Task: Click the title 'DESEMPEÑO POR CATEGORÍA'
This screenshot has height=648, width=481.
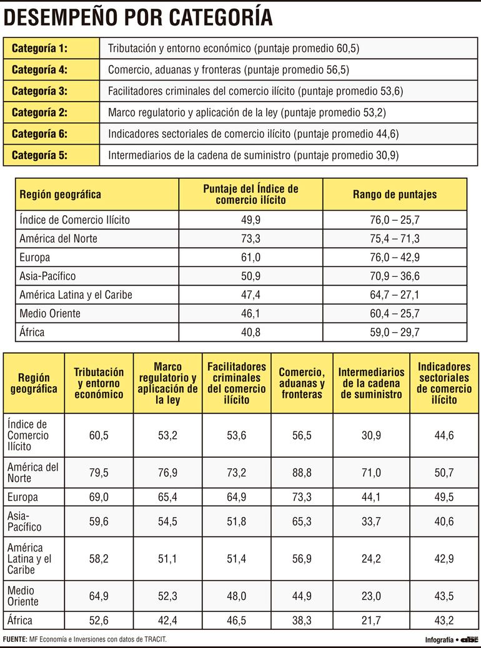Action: (x=138, y=17)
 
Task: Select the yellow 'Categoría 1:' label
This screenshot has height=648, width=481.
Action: (x=40, y=48)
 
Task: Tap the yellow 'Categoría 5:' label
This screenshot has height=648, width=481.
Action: (x=40, y=155)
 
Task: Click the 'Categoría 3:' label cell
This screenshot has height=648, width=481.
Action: (x=40, y=90)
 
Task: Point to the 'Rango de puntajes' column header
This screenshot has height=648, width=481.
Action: (x=395, y=194)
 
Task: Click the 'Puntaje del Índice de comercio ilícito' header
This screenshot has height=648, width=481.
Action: (x=250, y=194)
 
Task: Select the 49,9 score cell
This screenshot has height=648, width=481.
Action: (x=250, y=220)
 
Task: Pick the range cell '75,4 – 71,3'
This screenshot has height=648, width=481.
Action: (x=395, y=238)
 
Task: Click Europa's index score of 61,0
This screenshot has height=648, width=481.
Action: (x=250, y=257)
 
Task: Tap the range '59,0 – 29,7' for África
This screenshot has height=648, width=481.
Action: (x=395, y=332)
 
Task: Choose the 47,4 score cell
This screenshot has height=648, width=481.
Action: (x=250, y=294)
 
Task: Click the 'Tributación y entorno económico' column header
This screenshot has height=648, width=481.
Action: (x=99, y=383)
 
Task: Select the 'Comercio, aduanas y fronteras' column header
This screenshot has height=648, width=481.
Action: (x=302, y=383)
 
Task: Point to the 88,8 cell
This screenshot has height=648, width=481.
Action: (x=302, y=473)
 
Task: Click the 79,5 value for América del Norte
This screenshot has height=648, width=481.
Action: (x=99, y=473)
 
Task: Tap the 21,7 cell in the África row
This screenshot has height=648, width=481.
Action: (x=371, y=621)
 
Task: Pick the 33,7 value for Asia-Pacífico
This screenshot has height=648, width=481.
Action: (x=371, y=521)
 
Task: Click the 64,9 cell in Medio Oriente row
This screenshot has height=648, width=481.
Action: (x=99, y=596)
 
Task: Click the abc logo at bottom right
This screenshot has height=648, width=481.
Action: (x=470, y=639)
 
